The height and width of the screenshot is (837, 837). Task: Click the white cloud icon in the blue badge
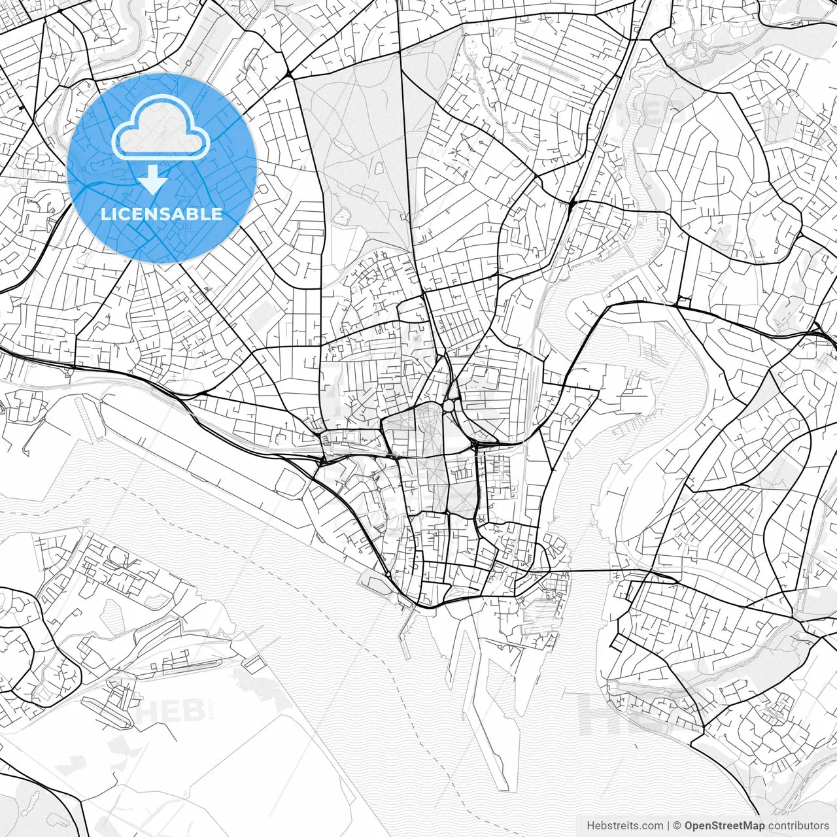161,128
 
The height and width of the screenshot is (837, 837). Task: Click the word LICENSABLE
162,214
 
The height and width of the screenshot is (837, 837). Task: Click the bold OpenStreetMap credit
725,826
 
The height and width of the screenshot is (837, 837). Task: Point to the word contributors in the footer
798,826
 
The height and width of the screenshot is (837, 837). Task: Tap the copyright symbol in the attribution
677,826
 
